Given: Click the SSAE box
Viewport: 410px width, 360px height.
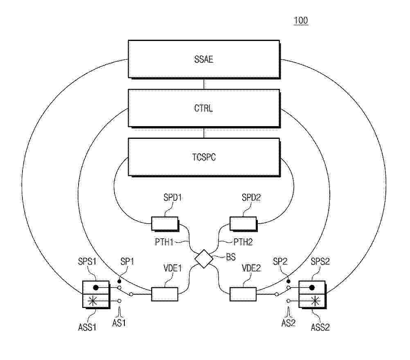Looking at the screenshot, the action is click(x=204, y=59).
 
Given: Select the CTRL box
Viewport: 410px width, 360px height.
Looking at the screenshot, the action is click(x=204, y=108).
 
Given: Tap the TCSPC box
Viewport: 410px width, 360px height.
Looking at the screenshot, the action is click(x=204, y=157).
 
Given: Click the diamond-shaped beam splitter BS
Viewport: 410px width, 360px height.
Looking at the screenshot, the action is click(x=204, y=259).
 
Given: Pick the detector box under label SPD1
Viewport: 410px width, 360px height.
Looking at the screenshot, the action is click(x=165, y=224).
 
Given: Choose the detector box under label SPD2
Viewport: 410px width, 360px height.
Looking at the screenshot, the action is click(x=243, y=224).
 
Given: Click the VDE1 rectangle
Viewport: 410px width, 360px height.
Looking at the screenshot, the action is click(x=165, y=294).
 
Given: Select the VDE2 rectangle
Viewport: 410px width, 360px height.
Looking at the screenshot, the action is click(x=243, y=294).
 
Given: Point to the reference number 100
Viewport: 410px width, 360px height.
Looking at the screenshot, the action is click(x=301, y=20).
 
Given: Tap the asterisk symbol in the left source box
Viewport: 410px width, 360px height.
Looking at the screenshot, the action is click(x=92, y=301).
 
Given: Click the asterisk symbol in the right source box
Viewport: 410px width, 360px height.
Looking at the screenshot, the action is click(x=315, y=301).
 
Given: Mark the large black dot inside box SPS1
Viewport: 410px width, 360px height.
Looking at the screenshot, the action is click(x=96, y=288).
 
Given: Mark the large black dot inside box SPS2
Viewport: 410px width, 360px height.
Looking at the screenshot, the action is click(x=312, y=288).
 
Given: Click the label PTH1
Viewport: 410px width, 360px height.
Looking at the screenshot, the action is click(x=164, y=242).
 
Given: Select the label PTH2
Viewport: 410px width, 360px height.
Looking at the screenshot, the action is click(x=243, y=242).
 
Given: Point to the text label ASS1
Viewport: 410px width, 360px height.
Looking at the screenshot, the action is click(x=87, y=327).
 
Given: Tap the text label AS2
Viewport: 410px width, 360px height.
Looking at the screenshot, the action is click(x=288, y=323).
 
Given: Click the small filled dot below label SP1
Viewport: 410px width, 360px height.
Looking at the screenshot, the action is click(x=119, y=281).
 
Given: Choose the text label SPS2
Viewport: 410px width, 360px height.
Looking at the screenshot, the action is click(x=320, y=261).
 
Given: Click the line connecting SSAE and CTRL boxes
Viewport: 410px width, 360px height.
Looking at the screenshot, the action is click(x=204, y=84).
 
